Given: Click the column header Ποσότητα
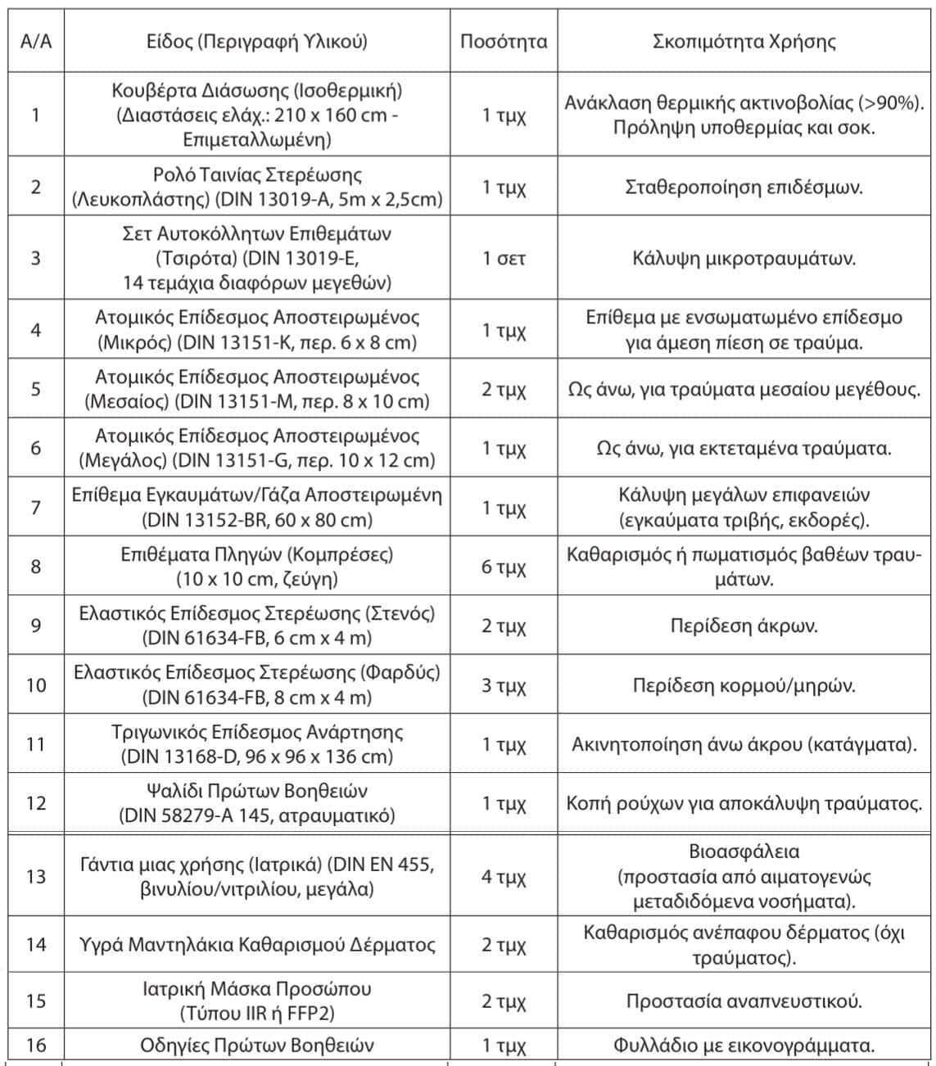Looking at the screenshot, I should click(504, 42).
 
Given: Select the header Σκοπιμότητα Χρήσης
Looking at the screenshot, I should click(744, 42).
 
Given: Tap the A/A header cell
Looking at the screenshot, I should click(35, 42).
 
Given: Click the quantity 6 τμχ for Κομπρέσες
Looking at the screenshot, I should click(504, 567).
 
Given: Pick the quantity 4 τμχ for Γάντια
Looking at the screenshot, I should click(504, 877).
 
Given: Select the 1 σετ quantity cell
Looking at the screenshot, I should click(504, 259).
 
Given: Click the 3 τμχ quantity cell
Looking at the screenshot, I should click(504, 684).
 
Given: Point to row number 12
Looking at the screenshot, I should click(35, 803).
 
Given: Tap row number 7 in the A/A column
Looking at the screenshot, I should click(35, 508).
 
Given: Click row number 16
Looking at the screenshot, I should click(35, 1046).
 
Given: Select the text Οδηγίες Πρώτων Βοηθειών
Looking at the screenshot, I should click(257, 1046).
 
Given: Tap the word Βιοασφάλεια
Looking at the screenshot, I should click(744, 852).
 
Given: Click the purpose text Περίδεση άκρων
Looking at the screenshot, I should click(744, 626).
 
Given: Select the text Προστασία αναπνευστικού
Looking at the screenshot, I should click(744, 1001).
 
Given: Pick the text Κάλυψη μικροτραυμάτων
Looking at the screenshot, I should click(744, 259).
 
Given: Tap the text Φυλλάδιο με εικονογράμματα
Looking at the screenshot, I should click(744, 1046).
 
